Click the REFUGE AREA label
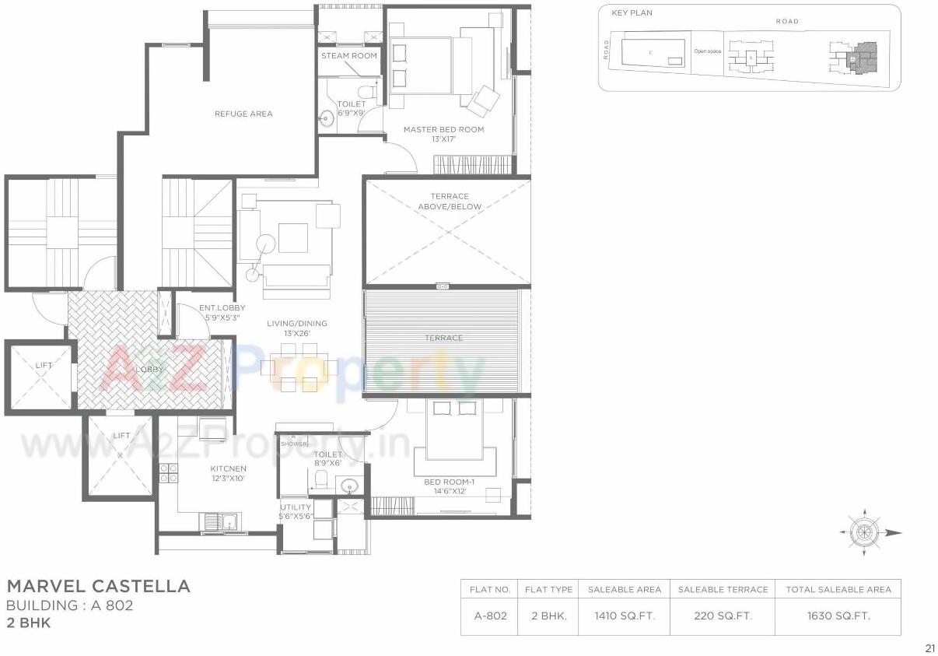[x=243, y=114]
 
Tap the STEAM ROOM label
[x=349, y=56]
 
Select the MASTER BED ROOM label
[x=443, y=129]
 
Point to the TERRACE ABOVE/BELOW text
[x=450, y=202]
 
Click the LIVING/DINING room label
[x=297, y=324]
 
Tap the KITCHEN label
[x=228, y=468]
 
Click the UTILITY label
[x=296, y=507]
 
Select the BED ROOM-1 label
[x=454, y=482]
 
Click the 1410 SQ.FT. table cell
[x=625, y=616]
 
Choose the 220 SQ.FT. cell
[x=723, y=616]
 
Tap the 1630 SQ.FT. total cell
[x=838, y=616]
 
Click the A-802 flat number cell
[x=490, y=616]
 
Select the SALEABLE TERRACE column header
[x=723, y=589]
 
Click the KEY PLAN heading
[x=632, y=13]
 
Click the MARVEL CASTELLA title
[x=98, y=586]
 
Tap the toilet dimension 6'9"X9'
[x=351, y=113]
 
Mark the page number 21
[x=929, y=647]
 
